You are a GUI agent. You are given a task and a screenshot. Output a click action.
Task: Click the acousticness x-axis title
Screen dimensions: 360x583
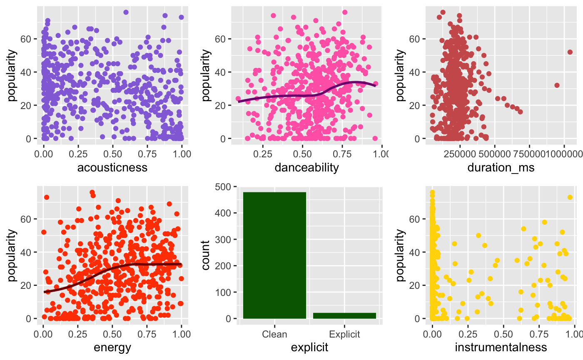pyautogui.click(x=112, y=167)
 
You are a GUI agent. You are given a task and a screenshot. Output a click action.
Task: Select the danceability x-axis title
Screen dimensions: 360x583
pyautogui.click(x=307, y=167)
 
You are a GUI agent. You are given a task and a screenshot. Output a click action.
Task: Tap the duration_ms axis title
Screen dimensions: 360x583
pyautogui.click(x=501, y=167)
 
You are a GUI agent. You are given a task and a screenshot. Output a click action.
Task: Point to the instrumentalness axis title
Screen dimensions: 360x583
pyautogui.click(x=501, y=348)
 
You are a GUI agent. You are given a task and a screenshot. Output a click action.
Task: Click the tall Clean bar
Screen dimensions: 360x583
pyautogui.click(x=274, y=255)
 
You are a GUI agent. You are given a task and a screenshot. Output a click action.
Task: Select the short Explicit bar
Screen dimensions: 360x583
pyautogui.click(x=344, y=315)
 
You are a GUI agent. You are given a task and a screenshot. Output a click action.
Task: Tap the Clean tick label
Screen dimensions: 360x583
pyautogui.click(x=274, y=334)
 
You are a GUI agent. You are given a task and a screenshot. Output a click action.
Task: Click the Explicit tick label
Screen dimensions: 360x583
pyautogui.click(x=344, y=334)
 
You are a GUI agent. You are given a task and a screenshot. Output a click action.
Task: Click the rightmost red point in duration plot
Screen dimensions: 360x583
pyautogui.click(x=570, y=52)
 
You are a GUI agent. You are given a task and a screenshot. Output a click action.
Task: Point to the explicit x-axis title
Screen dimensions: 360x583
pyautogui.click(x=309, y=348)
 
